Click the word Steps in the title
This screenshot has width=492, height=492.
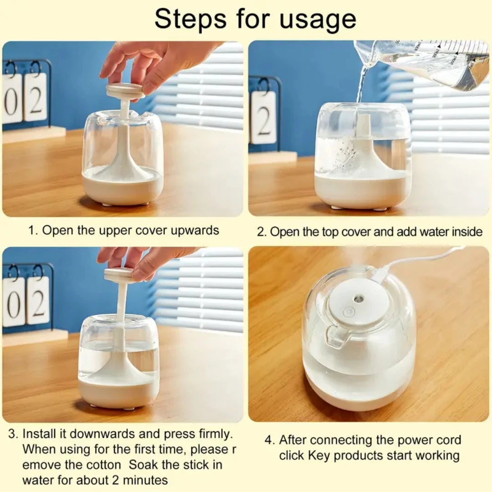[x=190, y=19]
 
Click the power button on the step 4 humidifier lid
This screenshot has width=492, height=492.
[x=348, y=312]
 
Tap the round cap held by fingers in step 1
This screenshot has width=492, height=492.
[x=125, y=91]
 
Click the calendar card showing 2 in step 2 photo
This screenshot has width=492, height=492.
[x=264, y=117]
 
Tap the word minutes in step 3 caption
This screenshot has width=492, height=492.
[x=146, y=480]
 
